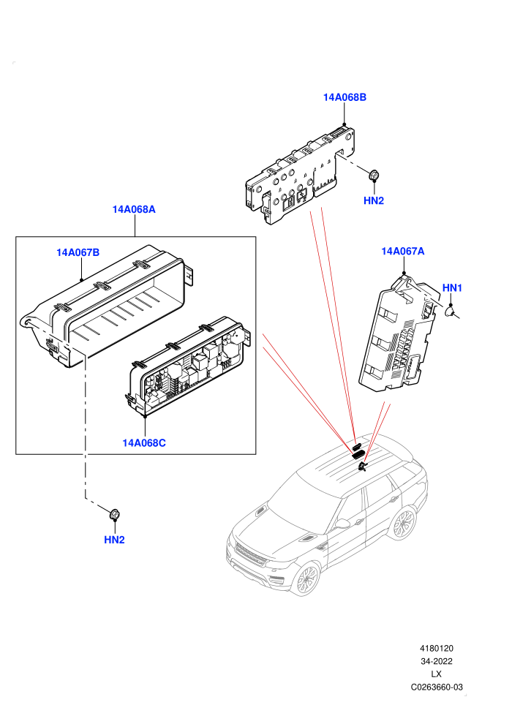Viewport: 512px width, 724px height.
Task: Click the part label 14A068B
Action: pos(345,97)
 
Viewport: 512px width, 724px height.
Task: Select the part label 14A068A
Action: pos(134,210)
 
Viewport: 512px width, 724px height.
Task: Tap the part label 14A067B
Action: pos(78,252)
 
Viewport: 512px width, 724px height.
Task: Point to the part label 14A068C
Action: pos(144,443)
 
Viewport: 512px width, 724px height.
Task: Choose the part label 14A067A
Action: pos(403,251)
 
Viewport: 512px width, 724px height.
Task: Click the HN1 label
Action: pos(453,288)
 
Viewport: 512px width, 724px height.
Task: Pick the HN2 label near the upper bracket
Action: pos(374,201)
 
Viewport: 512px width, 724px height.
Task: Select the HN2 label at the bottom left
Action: pos(115,540)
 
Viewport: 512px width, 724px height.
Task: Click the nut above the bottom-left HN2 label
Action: pos(114,513)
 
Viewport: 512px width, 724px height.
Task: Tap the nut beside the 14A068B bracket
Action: pos(374,175)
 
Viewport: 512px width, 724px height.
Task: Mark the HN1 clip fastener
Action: pos(450,312)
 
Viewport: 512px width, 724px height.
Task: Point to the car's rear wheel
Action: pos(403,524)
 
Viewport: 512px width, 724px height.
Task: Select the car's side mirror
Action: pos(342,524)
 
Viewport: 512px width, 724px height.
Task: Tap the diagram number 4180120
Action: pos(436,649)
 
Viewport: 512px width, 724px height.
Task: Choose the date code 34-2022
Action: pos(436,661)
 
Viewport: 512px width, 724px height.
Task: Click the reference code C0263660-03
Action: pos(437,687)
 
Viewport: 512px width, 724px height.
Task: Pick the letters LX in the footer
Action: pos(436,674)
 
